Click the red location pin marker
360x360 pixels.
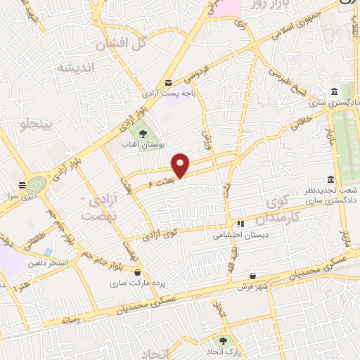(x=181, y=165)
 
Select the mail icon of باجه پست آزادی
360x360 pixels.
(x=168, y=82)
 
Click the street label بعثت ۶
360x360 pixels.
(x=160, y=183)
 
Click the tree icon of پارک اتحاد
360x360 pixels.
(x=224, y=340)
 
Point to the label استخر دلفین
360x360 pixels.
(x=48, y=264)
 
